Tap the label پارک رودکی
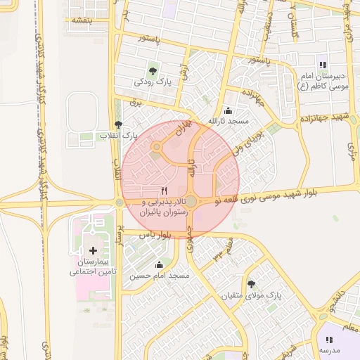click(x=153, y=82)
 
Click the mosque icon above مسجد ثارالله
click(x=228, y=110)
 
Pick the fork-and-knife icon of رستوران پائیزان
click(x=165, y=190)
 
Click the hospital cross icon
click(x=93, y=250)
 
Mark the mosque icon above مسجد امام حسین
click(x=159, y=265)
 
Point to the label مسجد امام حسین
click(x=159, y=276)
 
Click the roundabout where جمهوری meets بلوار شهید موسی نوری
click(x=191, y=202)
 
